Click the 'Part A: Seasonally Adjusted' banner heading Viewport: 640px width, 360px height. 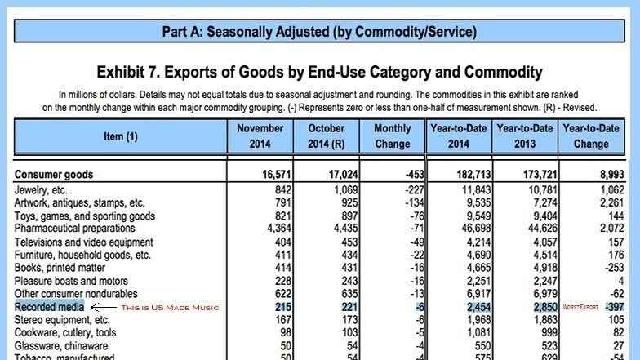coord(319,33)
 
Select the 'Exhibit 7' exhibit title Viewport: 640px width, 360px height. coord(319,72)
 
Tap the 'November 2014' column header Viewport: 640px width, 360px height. coord(260,136)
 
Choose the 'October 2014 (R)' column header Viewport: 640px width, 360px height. coord(327,136)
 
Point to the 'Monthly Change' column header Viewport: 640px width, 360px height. coord(393,136)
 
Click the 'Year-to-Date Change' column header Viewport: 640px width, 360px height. coord(591,136)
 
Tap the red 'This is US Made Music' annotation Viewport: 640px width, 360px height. coord(169,307)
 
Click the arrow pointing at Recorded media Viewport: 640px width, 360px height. coord(103,307)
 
